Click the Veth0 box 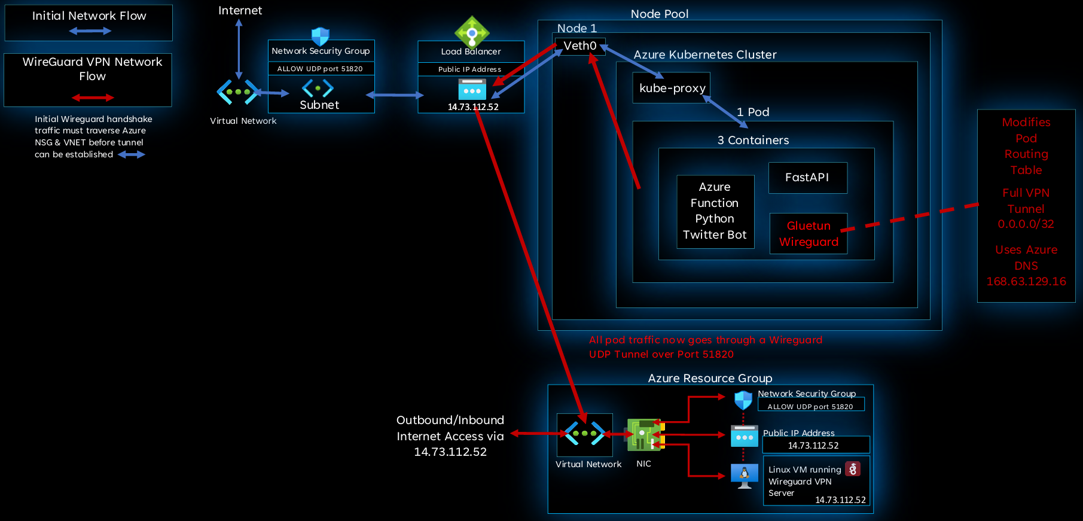580,46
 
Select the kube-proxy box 672,88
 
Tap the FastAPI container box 807,178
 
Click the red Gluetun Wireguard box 809,234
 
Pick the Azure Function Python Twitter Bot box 715,211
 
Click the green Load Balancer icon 472,32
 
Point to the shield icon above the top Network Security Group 321,36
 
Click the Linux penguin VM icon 745,476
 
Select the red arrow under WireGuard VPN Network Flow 93,98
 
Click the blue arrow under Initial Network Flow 90,31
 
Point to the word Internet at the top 240,11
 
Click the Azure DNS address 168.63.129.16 1026,282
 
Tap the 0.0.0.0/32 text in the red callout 1026,224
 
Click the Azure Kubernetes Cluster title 705,55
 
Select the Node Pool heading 660,14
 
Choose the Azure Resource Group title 710,379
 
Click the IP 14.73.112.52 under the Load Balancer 473,107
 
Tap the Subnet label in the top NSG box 319,105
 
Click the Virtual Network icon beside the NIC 584,434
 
